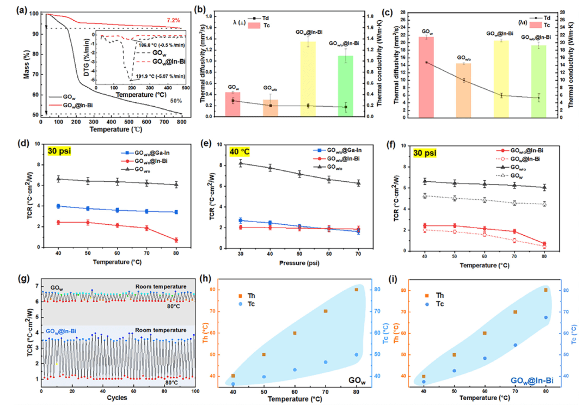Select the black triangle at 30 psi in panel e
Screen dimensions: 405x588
[241, 163]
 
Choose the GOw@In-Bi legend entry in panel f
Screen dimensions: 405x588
[533, 158]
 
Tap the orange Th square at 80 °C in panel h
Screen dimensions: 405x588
[357, 290]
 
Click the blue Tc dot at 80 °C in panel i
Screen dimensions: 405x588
[546, 317]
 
